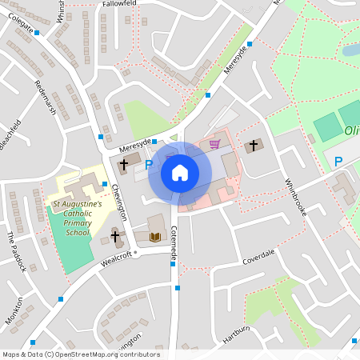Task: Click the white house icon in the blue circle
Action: tap(179, 172)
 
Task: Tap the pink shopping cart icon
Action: tap(214, 144)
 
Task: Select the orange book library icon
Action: tap(155, 237)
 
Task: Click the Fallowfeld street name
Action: tap(121, 4)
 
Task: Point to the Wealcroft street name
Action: tap(115, 258)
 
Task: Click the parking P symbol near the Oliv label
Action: tap(338, 162)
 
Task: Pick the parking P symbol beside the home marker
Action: tap(148, 164)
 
